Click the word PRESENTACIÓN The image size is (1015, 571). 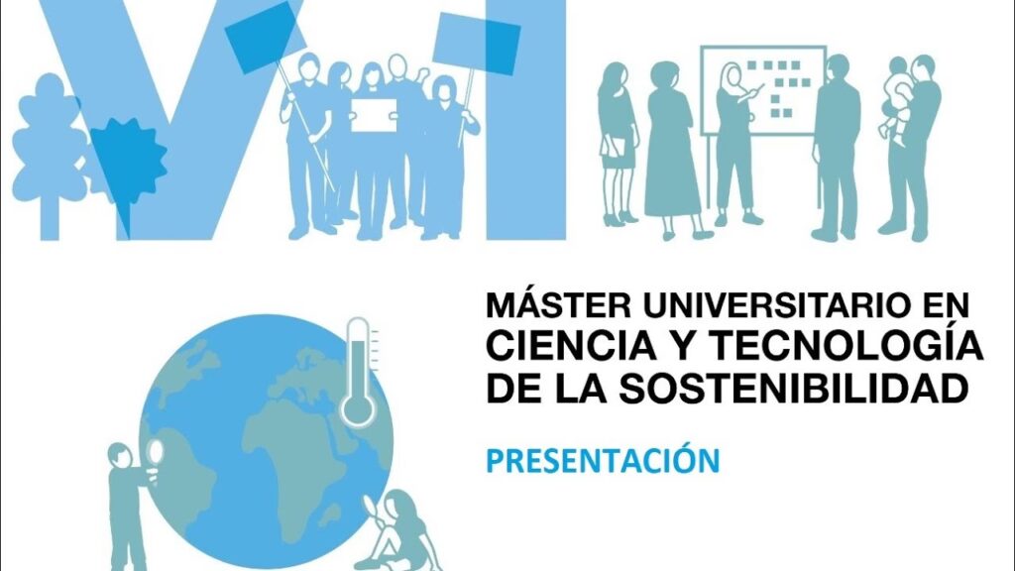click(603, 459)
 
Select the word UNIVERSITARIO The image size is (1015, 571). click(772, 305)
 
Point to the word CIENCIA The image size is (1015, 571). click(571, 346)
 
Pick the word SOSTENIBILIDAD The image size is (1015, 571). click(794, 388)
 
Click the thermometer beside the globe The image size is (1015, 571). click(359, 373)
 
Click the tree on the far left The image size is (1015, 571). click(50, 156)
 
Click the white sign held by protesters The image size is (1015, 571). click(374, 115)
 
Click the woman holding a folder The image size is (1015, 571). click(617, 143)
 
